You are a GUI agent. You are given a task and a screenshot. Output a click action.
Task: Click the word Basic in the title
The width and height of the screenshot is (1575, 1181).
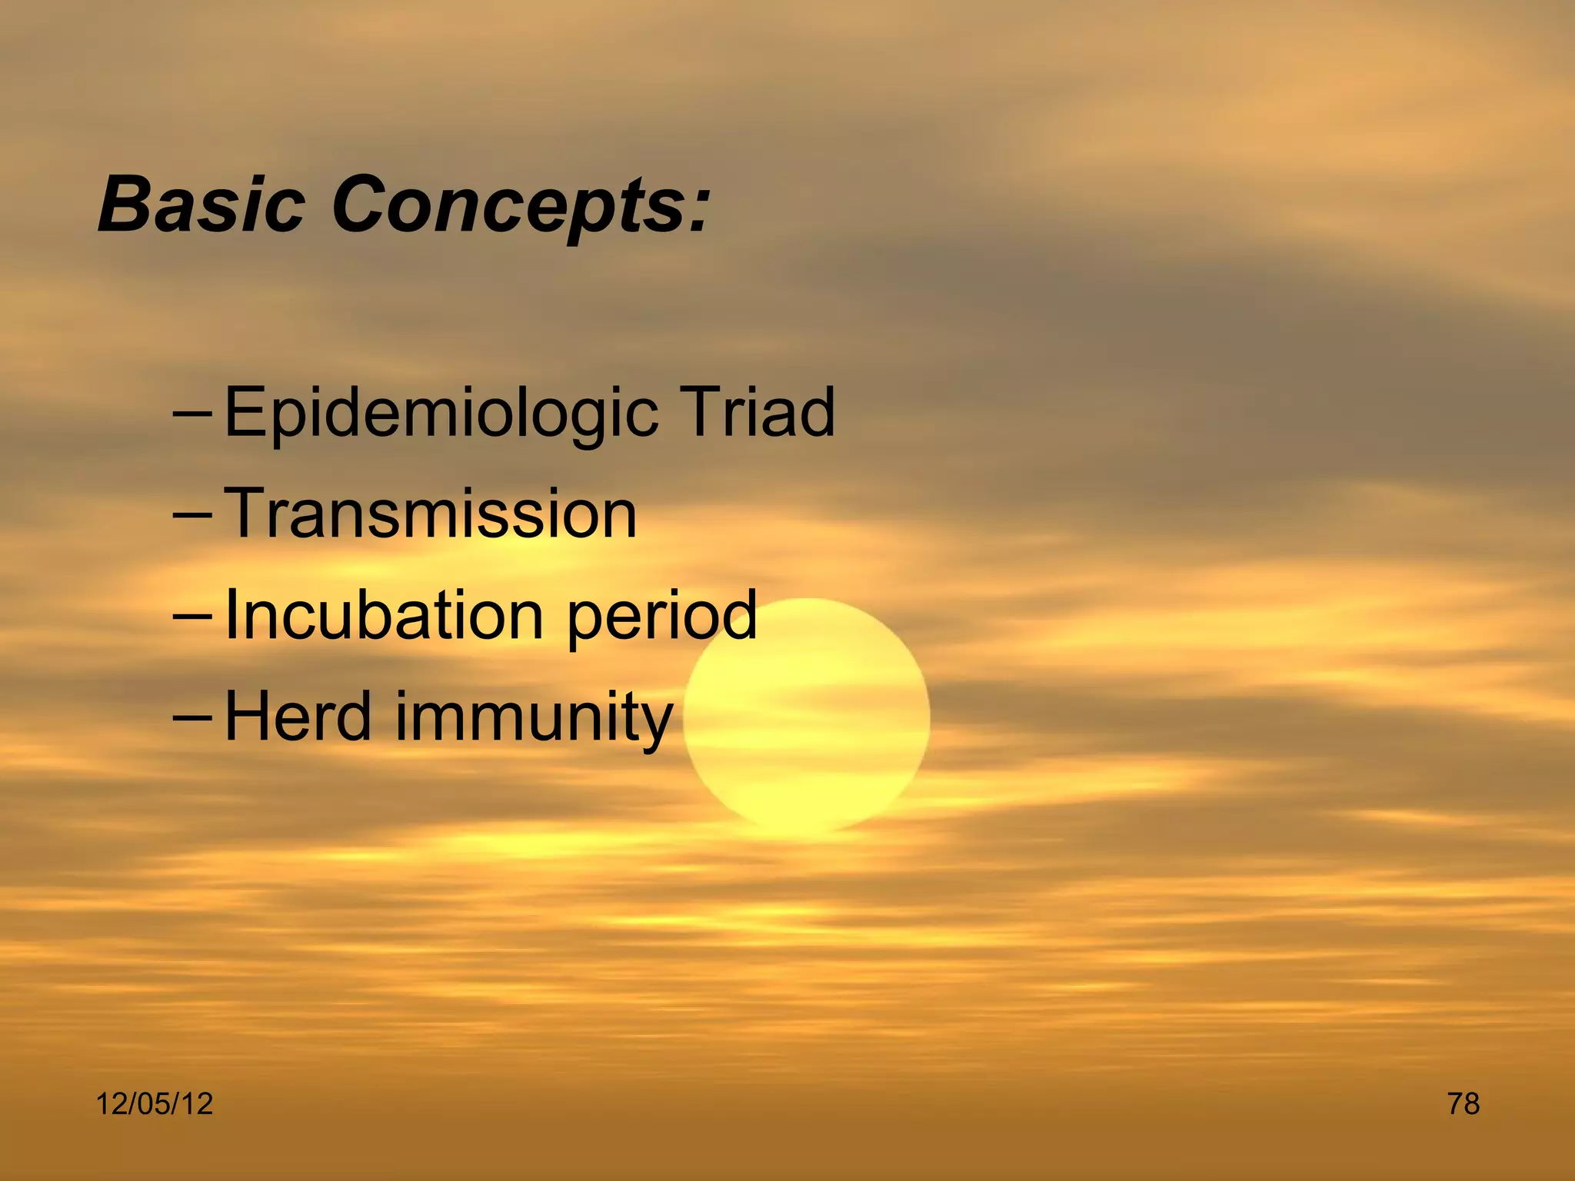click(x=201, y=204)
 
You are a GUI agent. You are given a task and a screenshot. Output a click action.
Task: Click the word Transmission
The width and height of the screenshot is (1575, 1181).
click(x=431, y=514)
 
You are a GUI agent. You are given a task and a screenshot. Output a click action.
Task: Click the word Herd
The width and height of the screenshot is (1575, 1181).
click(x=298, y=716)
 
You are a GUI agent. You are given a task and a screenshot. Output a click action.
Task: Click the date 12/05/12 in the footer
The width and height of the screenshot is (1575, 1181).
click(x=154, y=1104)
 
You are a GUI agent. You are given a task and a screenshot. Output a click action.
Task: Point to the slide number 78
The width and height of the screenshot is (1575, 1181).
click(x=1463, y=1104)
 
